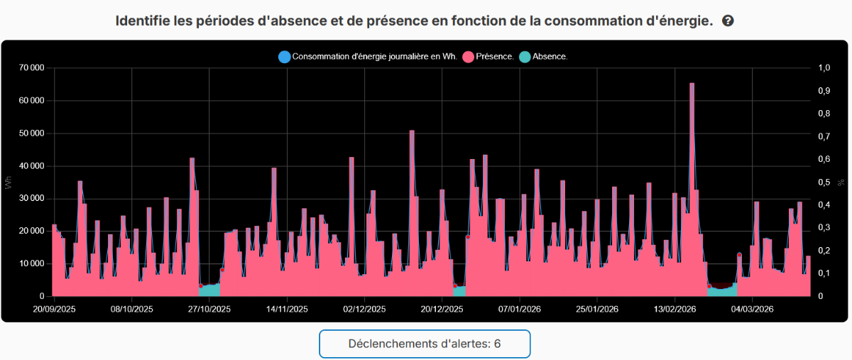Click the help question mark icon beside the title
tap(728, 21)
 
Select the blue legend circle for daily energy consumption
tap(285, 57)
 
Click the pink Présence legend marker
tap(468, 57)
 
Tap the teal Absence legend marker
tap(525, 57)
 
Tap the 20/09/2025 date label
tap(55, 310)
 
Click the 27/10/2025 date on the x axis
tap(209, 310)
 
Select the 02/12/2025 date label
tap(364, 310)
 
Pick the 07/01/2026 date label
tap(520, 310)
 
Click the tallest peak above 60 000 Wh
tap(692, 84)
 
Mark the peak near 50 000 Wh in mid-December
tap(412, 131)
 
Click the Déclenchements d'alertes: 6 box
tap(425, 344)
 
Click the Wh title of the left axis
tap(9, 182)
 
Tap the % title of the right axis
tap(843, 182)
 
